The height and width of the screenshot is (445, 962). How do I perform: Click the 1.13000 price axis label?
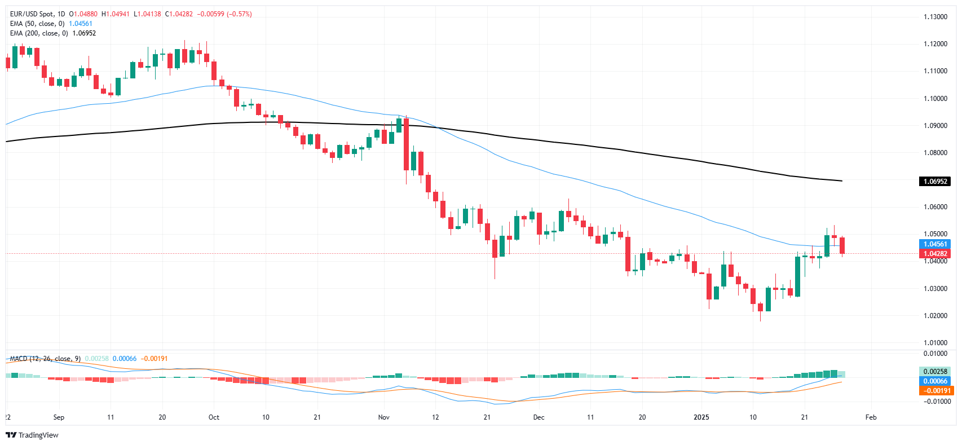click(x=935, y=17)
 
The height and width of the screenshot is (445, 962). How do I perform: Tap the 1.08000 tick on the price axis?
click(x=935, y=153)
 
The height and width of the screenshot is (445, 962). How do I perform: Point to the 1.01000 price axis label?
click(x=935, y=342)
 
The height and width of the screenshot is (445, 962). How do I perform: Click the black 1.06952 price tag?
click(x=934, y=182)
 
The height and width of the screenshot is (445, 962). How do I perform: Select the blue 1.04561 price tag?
click(x=934, y=244)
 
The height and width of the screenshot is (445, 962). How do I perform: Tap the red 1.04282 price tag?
click(x=934, y=254)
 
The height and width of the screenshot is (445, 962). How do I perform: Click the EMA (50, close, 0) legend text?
click(x=37, y=24)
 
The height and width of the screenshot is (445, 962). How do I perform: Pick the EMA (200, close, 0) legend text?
click(x=39, y=33)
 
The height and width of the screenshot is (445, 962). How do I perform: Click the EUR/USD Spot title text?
click(x=33, y=14)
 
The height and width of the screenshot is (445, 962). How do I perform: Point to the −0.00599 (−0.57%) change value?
click(x=224, y=14)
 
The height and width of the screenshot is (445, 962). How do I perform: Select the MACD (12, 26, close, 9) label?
click(x=45, y=359)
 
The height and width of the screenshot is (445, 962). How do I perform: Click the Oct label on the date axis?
click(x=214, y=417)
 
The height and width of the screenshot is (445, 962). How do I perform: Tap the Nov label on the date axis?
click(x=384, y=417)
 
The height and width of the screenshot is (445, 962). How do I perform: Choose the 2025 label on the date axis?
click(x=701, y=417)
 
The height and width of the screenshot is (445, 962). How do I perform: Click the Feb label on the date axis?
click(x=871, y=417)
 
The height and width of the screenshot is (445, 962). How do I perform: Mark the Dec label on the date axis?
click(x=539, y=417)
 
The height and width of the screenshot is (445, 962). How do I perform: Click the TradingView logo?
click(x=32, y=435)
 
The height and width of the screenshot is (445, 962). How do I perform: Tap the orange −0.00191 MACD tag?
click(x=934, y=390)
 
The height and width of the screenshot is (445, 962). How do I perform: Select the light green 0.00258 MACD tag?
click(x=934, y=371)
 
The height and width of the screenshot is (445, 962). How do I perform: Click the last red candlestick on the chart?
click(x=842, y=245)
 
